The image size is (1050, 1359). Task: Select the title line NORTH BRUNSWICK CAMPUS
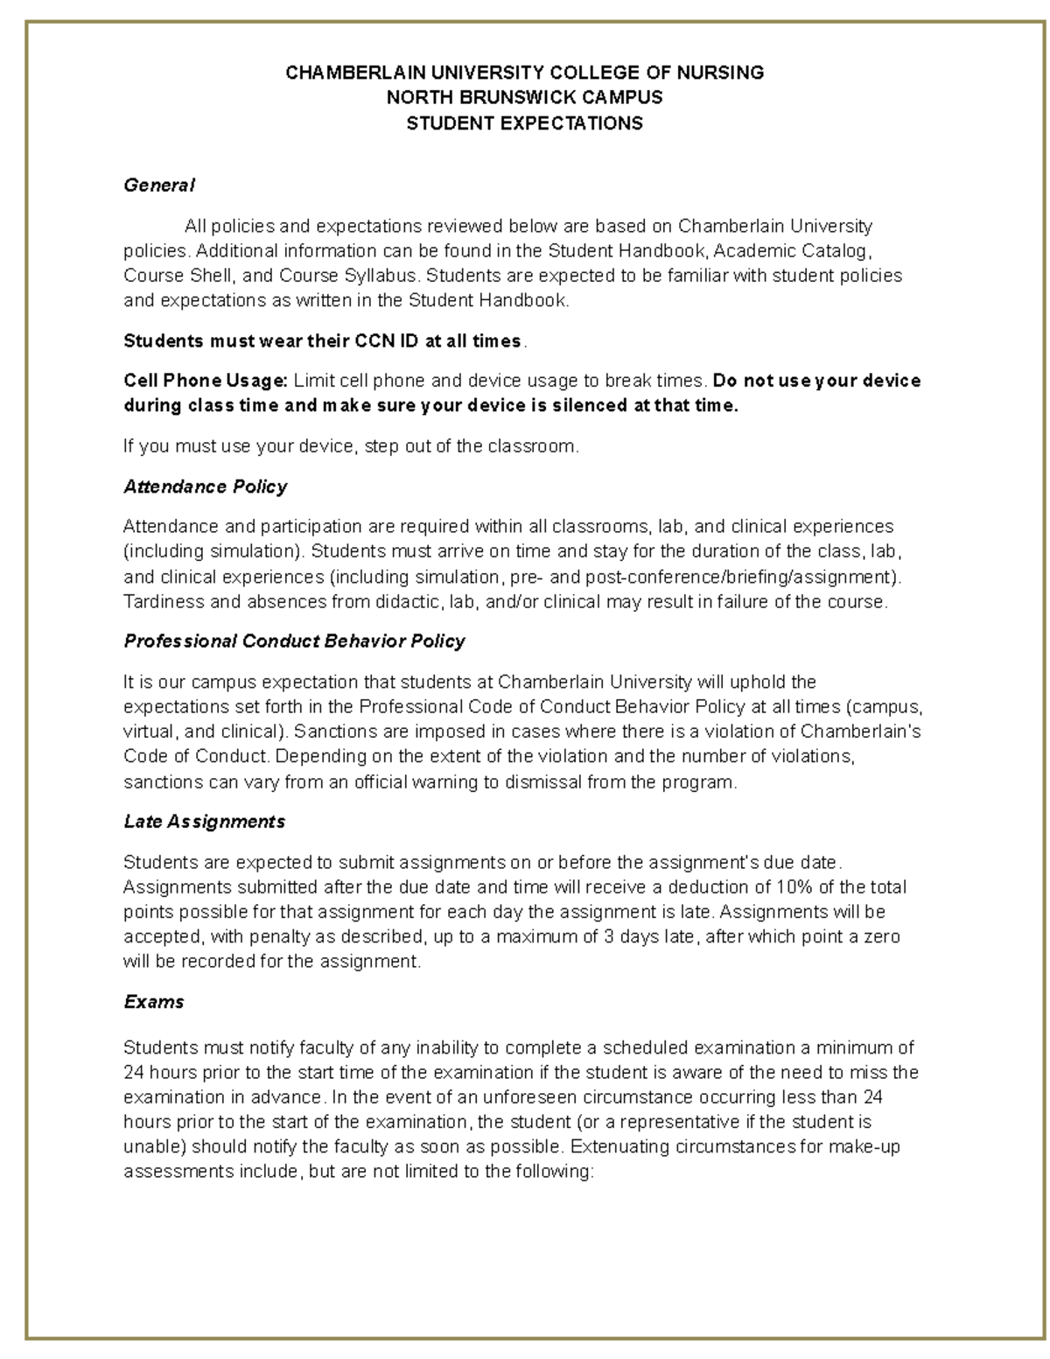tap(524, 97)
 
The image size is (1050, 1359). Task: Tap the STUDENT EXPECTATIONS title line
tap(524, 123)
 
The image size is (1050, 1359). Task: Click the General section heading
tap(158, 186)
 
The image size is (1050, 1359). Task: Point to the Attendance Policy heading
tap(206, 487)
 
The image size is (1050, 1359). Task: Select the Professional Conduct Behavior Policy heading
tap(294, 641)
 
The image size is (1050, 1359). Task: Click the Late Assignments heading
tap(204, 822)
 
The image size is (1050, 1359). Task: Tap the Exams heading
tap(154, 1002)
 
